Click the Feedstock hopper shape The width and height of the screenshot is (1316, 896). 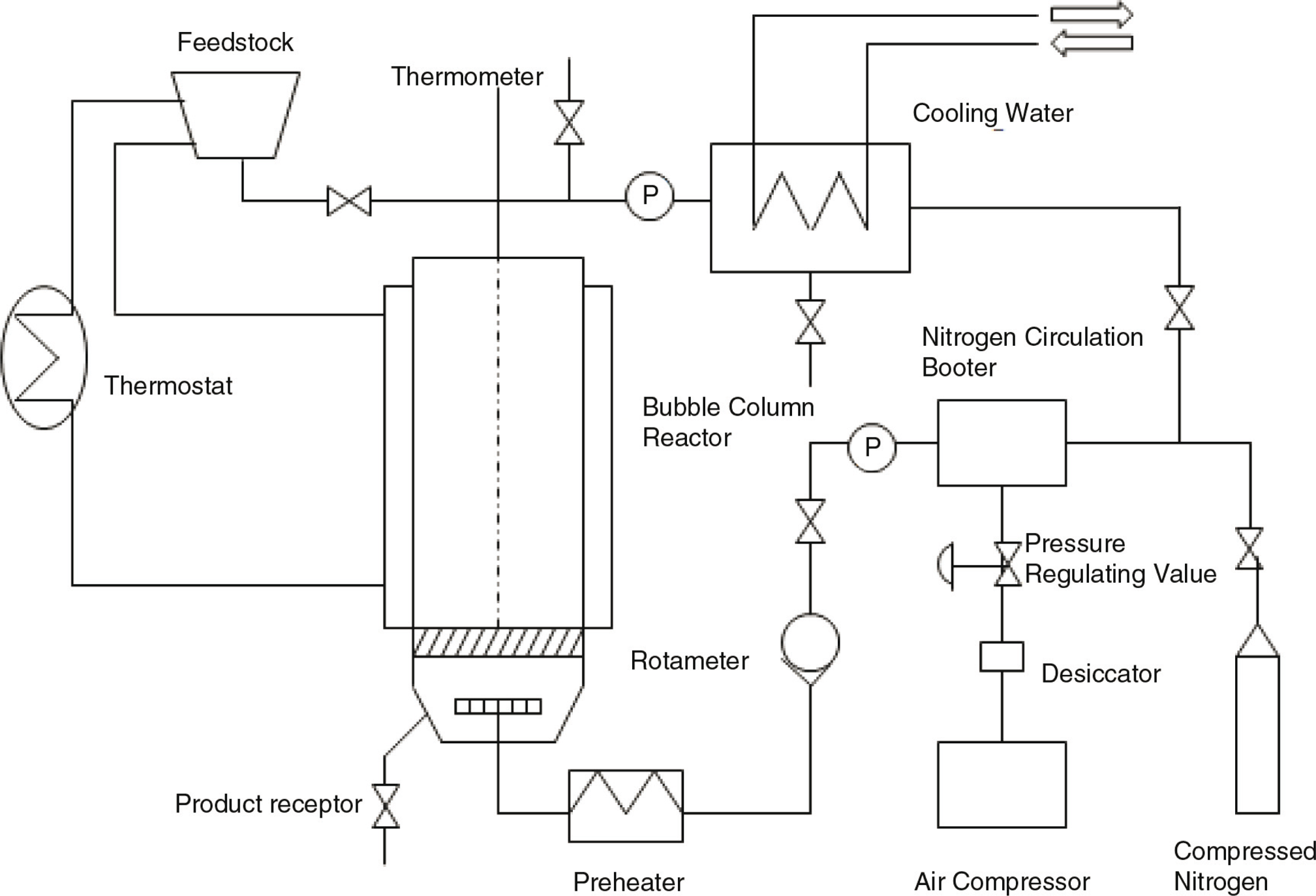(236, 115)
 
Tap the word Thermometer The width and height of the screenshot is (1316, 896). (467, 76)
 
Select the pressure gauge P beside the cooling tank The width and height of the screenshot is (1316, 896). (649, 196)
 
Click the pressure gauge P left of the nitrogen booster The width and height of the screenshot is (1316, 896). (872, 447)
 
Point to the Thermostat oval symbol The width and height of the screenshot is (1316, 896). (44, 357)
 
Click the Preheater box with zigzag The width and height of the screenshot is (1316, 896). (626, 806)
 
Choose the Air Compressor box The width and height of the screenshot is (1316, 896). (1002, 784)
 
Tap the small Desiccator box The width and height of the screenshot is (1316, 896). (1002, 657)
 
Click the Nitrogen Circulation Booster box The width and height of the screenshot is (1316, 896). (1002, 443)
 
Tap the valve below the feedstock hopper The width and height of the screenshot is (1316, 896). (349, 201)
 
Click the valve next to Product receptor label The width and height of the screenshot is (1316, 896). (385, 806)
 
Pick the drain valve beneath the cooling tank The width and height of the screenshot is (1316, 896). (810, 322)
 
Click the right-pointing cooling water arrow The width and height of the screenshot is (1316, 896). (1092, 14)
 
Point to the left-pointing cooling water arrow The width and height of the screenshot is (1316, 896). (1092, 43)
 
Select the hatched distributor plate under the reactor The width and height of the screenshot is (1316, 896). (498, 642)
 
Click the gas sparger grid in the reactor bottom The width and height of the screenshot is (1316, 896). (498, 706)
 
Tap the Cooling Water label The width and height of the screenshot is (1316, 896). (992, 114)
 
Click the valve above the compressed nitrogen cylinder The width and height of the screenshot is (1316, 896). (1249, 548)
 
